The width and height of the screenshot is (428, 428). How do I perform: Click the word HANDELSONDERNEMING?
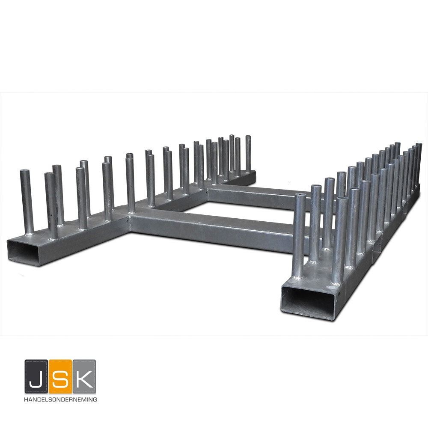pos(60,399)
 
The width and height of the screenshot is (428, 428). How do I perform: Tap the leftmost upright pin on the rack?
pos(27,202)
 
